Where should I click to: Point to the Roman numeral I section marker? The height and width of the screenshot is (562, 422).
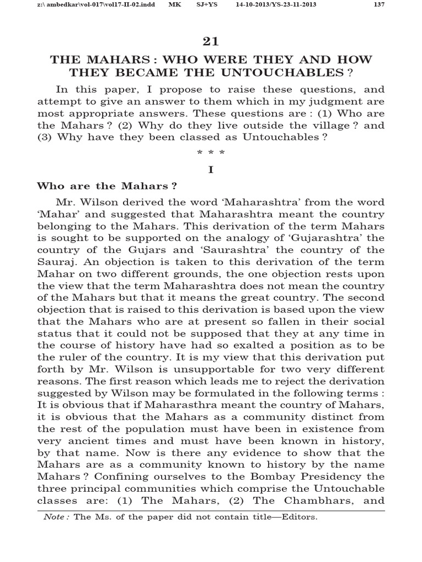210,170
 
